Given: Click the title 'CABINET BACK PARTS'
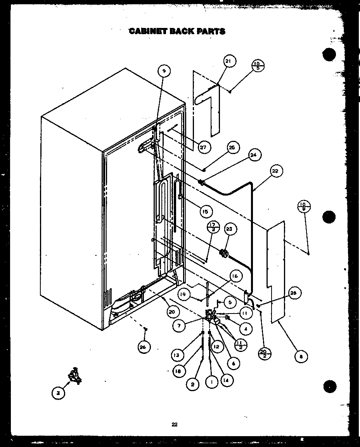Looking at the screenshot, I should pyautogui.click(x=177, y=31).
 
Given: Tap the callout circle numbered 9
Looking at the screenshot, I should pyautogui.click(x=164, y=71).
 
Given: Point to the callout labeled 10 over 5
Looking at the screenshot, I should pyautogui.click(x=258, y=65).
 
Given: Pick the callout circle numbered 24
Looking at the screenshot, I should pyautogui.click(x=254, y=155).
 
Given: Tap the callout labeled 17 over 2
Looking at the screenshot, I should pyautogui.click(x=213, y=227).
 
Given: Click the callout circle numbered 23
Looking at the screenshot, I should pyautogui.click(x=229, y=229).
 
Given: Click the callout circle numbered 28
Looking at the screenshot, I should pyautogui.click(x=292, y=294).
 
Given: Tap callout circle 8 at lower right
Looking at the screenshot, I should pyautogui.click(x=301, y=356).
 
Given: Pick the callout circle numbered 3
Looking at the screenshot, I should pyautogui.click(x=58, y=393).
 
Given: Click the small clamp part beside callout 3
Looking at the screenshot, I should pyautogui.click(x=74, y=376).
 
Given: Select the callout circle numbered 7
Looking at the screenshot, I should pyautogui.click(x=179, y=326).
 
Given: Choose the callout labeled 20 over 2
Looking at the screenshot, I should pyautogui.click(x=265, y=353).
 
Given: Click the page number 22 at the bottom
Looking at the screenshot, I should pyautogui.click(x=175, y=424).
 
